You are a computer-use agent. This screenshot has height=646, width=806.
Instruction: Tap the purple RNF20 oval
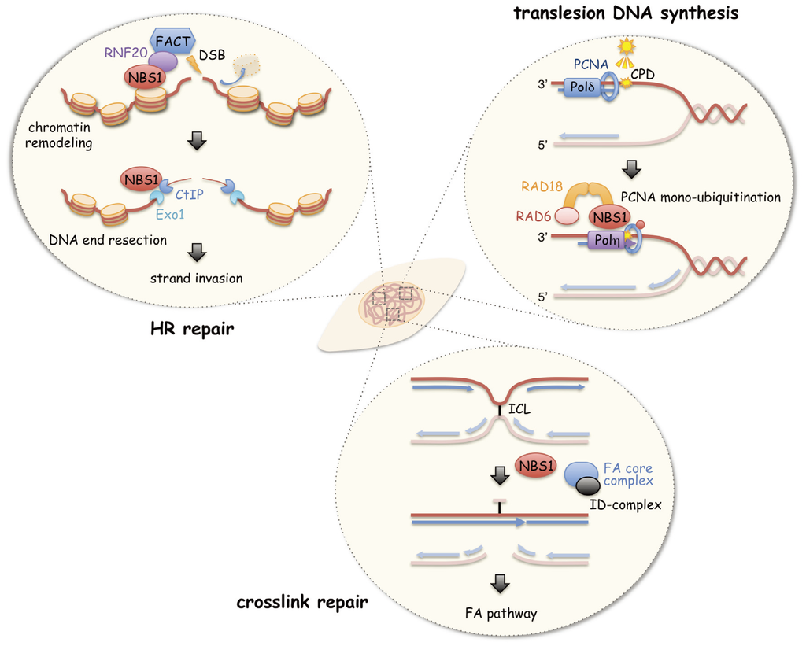(163, 61)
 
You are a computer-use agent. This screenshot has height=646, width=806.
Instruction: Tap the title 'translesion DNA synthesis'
(641, 12)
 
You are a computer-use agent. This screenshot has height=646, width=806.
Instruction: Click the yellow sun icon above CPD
(627, 47)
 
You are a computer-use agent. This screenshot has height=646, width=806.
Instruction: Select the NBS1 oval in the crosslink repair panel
(536, 466)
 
